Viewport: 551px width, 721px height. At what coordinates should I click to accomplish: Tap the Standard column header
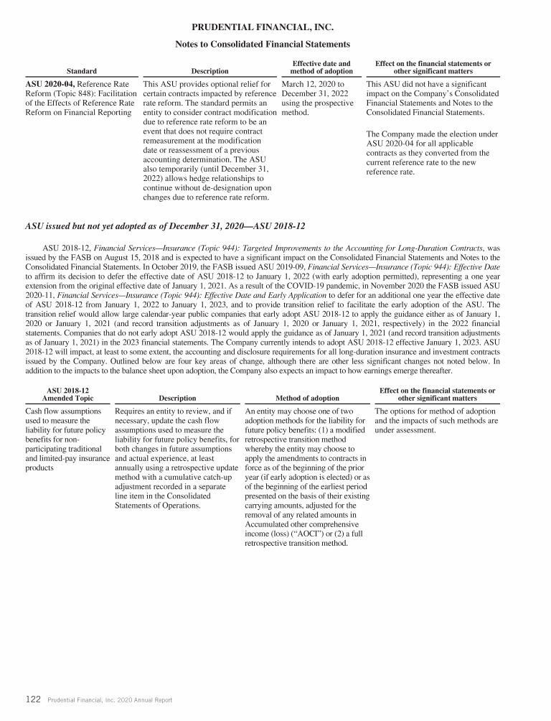point(82,71)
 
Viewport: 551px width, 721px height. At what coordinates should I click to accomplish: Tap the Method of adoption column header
point(307,398)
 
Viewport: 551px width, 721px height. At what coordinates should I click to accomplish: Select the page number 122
point(33,699)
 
